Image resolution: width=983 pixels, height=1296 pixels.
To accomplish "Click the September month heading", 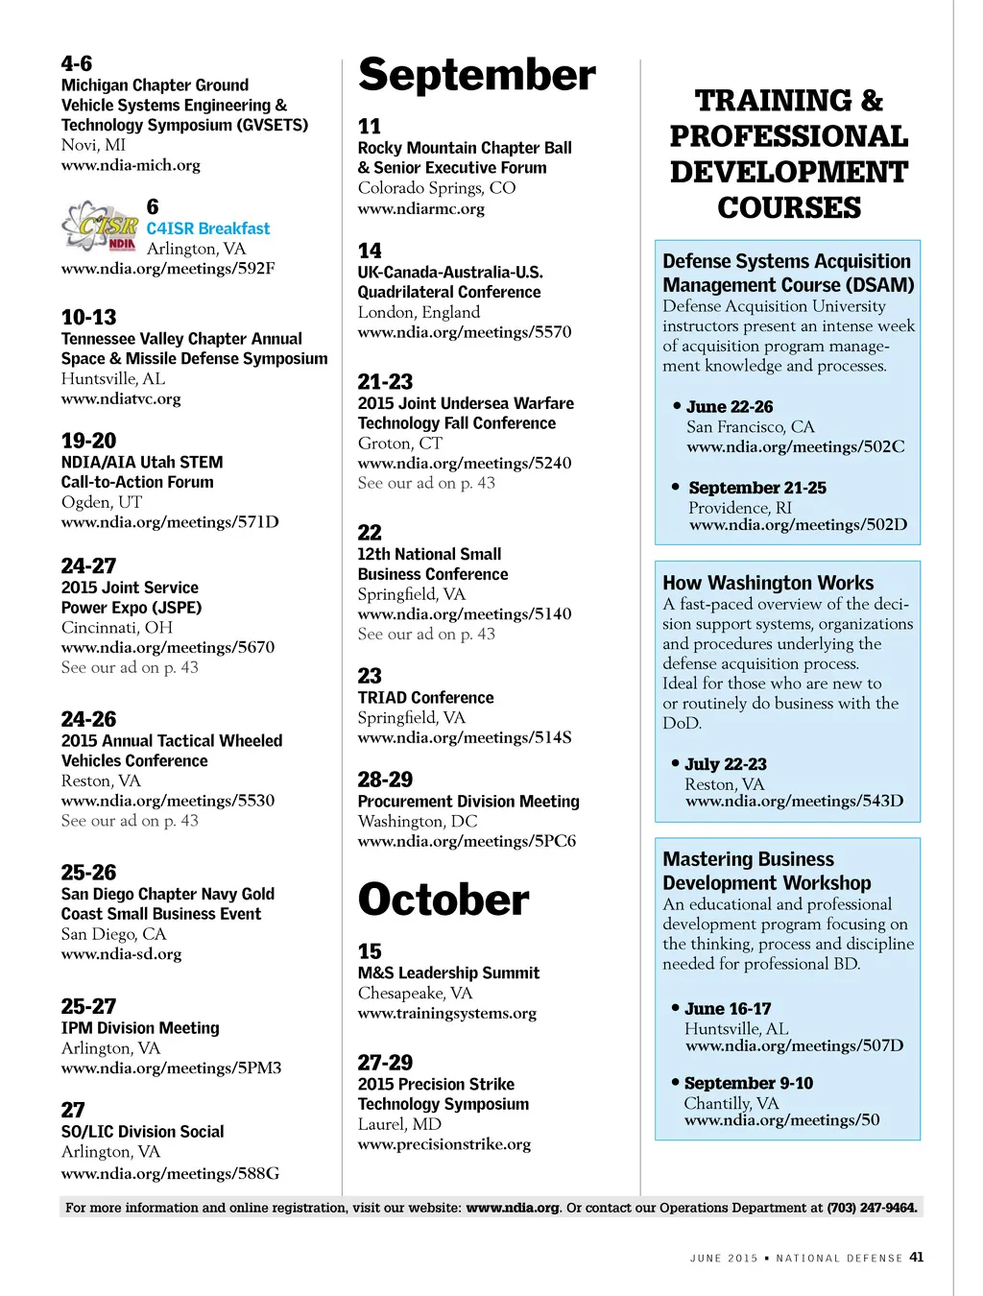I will click(x=476, y=75).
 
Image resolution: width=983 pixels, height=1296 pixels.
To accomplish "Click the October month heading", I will click(x=443, y=900).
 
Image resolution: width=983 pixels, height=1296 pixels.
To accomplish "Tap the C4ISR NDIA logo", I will click(x=100, y=227).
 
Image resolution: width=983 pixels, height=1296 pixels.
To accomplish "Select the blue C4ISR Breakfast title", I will click(x=207, y=228).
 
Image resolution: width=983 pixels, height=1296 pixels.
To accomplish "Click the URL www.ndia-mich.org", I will click(x=131, y=165).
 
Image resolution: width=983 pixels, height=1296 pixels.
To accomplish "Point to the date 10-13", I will click(x=88, y=317).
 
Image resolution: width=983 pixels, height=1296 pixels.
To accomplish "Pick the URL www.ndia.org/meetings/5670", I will click(x=167, y=647).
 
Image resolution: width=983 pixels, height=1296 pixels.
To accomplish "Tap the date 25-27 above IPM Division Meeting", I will click(x=88, y=1006).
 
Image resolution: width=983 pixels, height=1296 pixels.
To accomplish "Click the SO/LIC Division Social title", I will click(x=142, y=1132).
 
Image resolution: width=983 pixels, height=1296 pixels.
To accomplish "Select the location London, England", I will click(x=419, y=312).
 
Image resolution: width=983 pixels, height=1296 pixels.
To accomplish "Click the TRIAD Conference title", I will click(x=425, y=698).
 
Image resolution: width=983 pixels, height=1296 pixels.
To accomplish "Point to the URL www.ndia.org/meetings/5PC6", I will click(x=467, y=841).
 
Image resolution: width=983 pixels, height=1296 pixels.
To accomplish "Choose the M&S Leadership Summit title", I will click(x=448, y=972).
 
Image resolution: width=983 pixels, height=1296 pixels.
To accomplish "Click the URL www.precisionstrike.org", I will click(x=444, y=1144).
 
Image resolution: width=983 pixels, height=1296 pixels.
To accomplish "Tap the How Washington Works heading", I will click(x=768, y=583).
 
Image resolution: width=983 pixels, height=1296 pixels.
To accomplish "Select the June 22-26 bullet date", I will click(x=730, y=407).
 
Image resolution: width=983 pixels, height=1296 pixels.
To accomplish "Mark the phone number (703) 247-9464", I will click(x=872, y=1208).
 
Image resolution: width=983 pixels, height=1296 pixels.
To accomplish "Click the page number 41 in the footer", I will click(x=917, y=1258).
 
